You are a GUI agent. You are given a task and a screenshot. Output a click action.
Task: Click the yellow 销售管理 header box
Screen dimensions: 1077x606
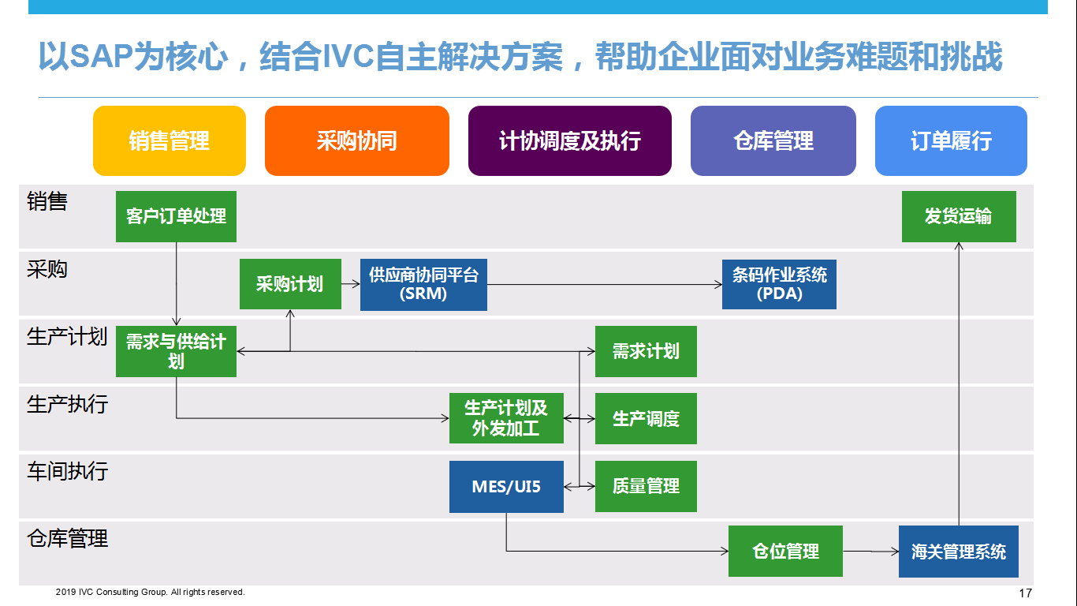pyautogui.click(x=170, y=140)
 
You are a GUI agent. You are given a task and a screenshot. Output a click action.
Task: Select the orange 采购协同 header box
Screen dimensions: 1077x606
pyautogui.click(x=356, y=140)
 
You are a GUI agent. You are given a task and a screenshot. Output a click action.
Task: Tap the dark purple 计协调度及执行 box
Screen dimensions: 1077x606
pyautogui.click(x=570, y=140)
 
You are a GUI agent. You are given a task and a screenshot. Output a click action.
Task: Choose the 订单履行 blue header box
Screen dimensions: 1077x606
pyautogui.click(x=951, y=140)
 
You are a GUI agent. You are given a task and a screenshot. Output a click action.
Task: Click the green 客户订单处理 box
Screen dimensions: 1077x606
pyautogui.click(x=176, y=217)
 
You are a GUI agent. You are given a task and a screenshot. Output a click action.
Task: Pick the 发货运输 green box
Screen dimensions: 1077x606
pyautogui.click(x=959, y=217)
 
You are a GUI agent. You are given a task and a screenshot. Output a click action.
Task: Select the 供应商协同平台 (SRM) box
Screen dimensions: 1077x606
pyautogui.click(x=423, y=285)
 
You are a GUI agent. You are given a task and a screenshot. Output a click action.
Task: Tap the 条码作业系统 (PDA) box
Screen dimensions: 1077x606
pyautogui.click(x=779, y=285)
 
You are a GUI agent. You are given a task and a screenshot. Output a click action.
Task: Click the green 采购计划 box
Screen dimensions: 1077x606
pyautogui.click(x=290, y=284)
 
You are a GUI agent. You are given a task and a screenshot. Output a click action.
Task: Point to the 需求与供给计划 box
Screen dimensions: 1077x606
pyautogui.click(x=176, y=351)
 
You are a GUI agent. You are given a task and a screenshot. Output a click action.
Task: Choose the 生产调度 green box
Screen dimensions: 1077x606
pyautogui.click(x=646, y=418)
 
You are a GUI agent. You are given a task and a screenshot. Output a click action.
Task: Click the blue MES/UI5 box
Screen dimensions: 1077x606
pyautogui.click(x=506, y=487)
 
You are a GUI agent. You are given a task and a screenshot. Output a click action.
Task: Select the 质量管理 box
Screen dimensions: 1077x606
pyautogui.click(x=646, y=486)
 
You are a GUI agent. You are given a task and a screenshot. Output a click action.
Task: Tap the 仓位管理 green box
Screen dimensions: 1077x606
pyautogui.click(x=785, y=551)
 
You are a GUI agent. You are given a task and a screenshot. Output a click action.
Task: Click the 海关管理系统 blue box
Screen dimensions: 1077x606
pyautogui.click(x=959, y=552)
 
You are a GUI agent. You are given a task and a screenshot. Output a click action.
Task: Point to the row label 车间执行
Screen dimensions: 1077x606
pyautogui.click(x=67, y=471)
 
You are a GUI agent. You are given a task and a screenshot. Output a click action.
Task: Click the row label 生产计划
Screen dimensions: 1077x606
pyautogui.click(x=67, y=336)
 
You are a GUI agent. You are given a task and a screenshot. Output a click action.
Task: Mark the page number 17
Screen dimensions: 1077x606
pyautogui.click(x=1026, y=593)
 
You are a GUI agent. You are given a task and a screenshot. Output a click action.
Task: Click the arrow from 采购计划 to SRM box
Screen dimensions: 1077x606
pyautogui.click(x=351, y=284)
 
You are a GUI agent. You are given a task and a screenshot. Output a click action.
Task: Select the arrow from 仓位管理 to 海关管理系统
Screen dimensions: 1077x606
pyautogui.click(x=870, y=551)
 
